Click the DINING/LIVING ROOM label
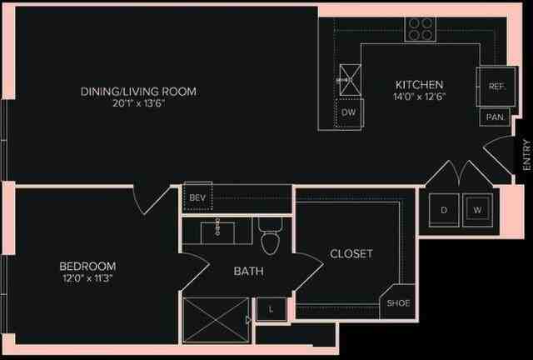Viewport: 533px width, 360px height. click(139, 91)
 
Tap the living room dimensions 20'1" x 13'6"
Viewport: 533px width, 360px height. click(139, 104)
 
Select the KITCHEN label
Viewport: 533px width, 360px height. click(419, 85)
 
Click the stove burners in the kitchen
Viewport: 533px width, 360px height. click(421, 28)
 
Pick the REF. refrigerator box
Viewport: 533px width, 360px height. click(497, 87)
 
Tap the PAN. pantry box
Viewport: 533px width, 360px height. click(495, 117)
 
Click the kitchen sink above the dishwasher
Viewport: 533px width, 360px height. click(350, 79)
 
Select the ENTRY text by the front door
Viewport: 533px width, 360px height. click(526, 156)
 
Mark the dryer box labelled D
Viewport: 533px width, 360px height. click(444, 210)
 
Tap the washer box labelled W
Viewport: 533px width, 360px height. click(477, 210)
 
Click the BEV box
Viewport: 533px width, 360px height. click(197, 197)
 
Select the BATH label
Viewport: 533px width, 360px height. click(248, 271)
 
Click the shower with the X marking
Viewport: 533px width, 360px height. click(215, 319)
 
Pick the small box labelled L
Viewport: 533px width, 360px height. click(271, 309)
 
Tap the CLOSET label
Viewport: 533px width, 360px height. click(351, 253)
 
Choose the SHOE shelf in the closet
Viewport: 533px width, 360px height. click(397, 302)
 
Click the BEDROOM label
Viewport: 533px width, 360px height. click(87, 266)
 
